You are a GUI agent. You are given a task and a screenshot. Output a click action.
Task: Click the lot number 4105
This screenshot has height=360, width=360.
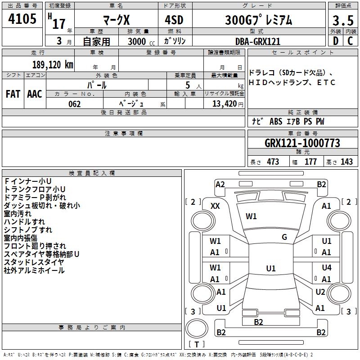point(22,19)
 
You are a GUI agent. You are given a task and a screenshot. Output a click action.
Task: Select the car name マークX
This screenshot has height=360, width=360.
point(116,20)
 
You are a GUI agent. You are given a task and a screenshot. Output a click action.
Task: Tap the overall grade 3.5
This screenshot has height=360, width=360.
point(343,20)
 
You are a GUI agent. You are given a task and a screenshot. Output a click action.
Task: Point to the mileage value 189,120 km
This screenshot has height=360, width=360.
point(53,65)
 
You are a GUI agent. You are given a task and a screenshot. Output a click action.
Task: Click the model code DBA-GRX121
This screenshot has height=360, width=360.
point(258,41)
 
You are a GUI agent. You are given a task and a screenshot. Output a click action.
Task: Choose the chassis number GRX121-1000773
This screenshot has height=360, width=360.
point(302,143)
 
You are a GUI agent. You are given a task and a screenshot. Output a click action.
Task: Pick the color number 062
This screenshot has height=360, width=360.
point(75,104)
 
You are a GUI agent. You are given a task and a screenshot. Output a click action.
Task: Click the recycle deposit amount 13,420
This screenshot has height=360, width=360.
point(225,104)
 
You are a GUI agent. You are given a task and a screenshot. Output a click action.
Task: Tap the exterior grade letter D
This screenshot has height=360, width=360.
point(336,41)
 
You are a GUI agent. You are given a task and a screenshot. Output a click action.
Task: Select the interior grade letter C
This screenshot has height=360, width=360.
point(350,41)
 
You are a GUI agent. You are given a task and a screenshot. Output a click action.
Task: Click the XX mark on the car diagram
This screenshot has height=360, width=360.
point(215,206)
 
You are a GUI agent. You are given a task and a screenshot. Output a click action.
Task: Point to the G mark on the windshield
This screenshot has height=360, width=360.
point(284,237)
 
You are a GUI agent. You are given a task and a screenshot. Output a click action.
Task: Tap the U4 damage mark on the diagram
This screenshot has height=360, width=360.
point(327,267)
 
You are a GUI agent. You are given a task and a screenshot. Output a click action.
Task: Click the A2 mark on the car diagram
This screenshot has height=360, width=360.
point(220,184)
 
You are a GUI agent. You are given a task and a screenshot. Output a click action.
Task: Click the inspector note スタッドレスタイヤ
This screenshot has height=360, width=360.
point(34,262)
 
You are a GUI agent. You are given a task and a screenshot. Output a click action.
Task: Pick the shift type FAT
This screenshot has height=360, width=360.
point(13,94)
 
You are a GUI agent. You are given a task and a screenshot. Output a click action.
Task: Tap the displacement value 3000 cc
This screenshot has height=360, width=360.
point(141,41)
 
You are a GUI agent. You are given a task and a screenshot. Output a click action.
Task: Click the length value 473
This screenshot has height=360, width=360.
point(273,162)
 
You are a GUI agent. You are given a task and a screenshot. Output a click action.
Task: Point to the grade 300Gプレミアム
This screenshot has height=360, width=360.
point(258,20)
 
